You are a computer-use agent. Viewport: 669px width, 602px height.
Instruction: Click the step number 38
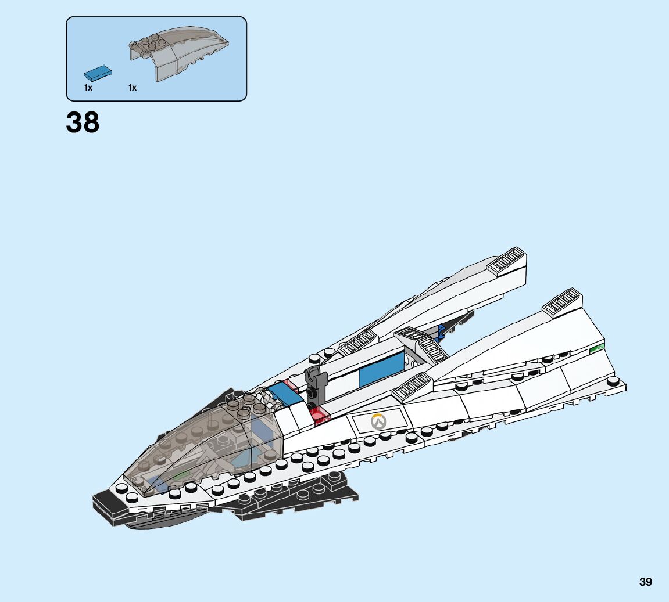(x=83, y=123)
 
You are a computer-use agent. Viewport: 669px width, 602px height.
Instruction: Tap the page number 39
(x=645, y=582)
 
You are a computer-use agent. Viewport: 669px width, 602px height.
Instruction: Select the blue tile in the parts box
(x=98, y=73)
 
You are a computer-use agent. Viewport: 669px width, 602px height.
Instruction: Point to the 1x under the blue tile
(x=88, y=88)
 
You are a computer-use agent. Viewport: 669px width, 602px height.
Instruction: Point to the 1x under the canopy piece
(x=133, y=88)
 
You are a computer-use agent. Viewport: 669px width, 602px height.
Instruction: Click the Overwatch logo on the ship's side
(x=378, y=421)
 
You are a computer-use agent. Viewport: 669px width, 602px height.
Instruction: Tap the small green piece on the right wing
(x=597, y=348)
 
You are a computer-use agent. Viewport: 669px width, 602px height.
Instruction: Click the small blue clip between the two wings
(x=442, y=331)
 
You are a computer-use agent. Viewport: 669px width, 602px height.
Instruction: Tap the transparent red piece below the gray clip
(x=319, y=415)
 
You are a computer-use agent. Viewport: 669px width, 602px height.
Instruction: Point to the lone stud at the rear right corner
(x=613, y=381)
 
